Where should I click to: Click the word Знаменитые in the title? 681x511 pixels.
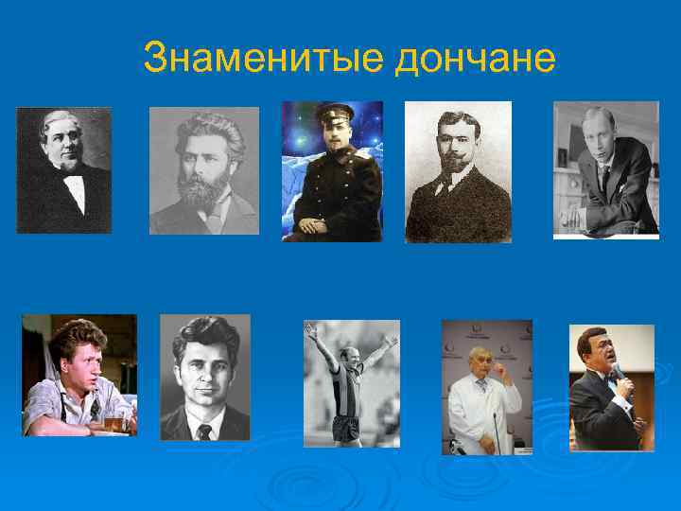click(x=262, y=59)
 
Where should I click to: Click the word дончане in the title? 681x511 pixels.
click(x=475, y=59)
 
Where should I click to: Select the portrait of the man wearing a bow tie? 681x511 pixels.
click(x=63, y=170)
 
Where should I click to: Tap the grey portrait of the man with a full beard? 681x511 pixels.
click(x=203, y=170)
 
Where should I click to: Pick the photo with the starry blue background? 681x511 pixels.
click(x=332, y=170)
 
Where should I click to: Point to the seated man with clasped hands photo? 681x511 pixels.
click(x=605, y=170)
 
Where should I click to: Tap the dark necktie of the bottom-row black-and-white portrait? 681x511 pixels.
click(x=204, y=432)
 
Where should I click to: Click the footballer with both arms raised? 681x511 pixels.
click(x=350, y=383)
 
